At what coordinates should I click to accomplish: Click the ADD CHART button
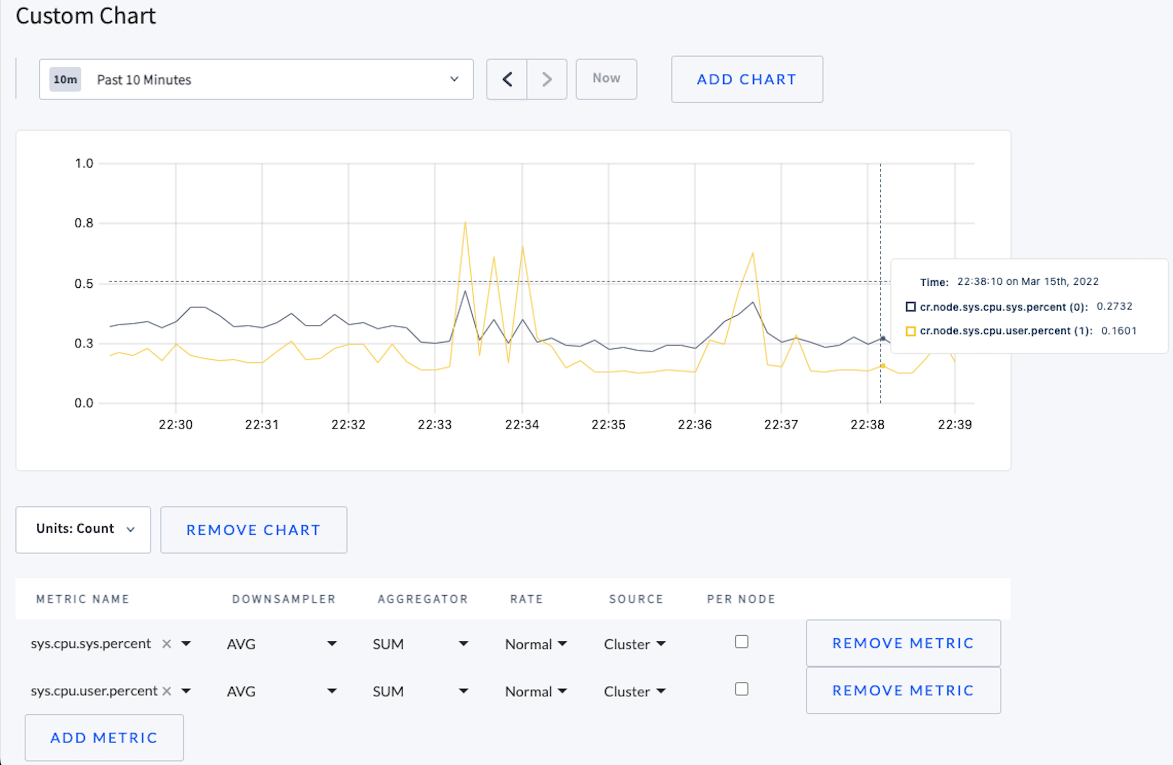click(x=746, y=79)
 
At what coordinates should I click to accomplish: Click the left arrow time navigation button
click(x=507, y=79)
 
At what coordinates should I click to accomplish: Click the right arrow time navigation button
click(x=547, y=79)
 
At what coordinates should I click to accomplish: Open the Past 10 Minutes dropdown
click(x=256, y=79)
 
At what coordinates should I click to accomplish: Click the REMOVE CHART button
click(x=253, y=529)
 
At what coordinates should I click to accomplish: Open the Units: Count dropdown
click(x=83, y=529)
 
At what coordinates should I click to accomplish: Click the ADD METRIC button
click(x=104, y=738)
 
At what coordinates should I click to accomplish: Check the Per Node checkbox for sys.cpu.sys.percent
click(x=742, y=642)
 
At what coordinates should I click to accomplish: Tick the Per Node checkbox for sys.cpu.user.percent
click(x=742, y=689)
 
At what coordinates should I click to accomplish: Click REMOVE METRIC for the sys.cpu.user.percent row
click(x=903, y=690)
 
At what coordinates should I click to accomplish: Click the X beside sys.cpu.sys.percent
click(x=167, y=644)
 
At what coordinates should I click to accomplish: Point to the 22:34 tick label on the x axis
click(x=522, y=424)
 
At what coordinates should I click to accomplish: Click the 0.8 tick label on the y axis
click(x=84, y=223)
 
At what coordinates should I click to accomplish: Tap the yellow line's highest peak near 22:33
click(x=465, y=223)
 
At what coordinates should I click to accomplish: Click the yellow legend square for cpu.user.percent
click(x=911, y=331)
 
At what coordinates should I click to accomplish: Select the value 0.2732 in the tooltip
click(x=1115, y=306)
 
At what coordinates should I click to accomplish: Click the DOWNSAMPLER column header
click(x=283, y=599)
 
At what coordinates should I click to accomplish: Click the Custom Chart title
click(x=86, y=16)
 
